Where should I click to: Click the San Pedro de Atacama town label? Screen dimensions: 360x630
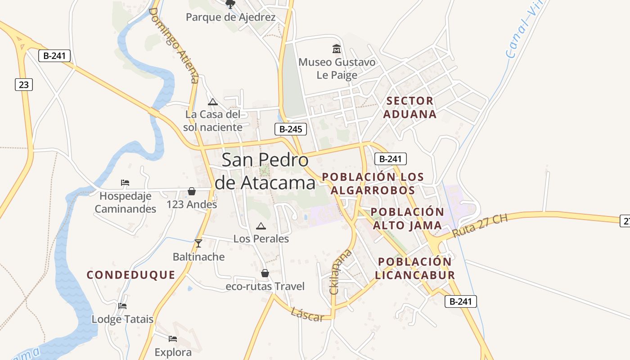[x=265, y=171]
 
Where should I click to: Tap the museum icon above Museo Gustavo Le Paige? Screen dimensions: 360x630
[x=336, y=49]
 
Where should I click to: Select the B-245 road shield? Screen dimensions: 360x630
[x=291, y=129]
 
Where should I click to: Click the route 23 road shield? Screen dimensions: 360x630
[x=24, y=84]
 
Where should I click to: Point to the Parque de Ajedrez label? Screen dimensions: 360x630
[x=230, y=18]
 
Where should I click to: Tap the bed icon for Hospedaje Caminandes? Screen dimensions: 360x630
[x=125, y=183]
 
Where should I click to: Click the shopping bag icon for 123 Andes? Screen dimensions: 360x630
[x=192, y=191]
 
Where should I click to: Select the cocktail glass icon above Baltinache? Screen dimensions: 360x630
[x=198, y=243]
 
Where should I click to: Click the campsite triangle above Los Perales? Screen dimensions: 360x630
[x=261, y=226]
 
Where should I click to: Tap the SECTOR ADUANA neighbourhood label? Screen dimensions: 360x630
[x=409, y=108]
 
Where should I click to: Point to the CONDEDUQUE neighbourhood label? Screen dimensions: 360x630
[x=131, y=275]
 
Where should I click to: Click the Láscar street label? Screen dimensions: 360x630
[x=307, y=315]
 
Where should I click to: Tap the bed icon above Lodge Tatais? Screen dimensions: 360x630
[x=122, y=306]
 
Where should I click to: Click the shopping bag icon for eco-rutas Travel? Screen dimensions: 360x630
[x=265, y=273]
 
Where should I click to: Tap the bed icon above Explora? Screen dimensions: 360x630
[x=172, y=338]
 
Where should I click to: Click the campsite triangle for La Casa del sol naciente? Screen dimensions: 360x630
[x=213, y=102]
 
